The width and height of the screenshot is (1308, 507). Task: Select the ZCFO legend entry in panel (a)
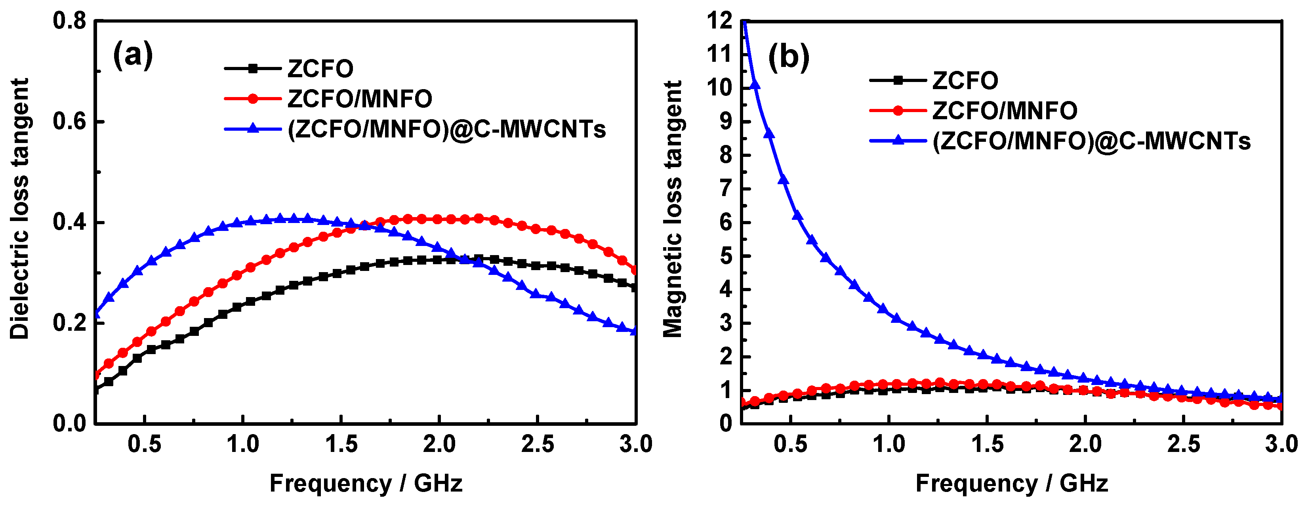tap(320, 69)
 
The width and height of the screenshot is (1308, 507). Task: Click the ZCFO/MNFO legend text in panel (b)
tap(1004, 111)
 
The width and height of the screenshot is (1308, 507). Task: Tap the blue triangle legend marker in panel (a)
tap(252, 129)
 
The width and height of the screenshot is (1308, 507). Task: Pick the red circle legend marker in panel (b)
tap(898, 110)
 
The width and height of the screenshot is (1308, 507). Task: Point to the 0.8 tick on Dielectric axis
tap(70, 21)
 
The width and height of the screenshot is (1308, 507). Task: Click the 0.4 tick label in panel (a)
tap(70, 222)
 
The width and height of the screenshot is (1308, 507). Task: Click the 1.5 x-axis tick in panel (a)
tap(341, 444)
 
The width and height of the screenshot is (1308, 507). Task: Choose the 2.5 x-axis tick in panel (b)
tap(1183, 444)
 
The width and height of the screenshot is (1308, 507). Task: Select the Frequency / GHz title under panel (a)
tap(366, 483)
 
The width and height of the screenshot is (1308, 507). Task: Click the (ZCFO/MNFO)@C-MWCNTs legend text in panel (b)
tap(1092, 141)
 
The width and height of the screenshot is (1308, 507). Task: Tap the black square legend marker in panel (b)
tap(898, 80)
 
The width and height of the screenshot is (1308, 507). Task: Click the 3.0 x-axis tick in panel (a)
tap(636, 444)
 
